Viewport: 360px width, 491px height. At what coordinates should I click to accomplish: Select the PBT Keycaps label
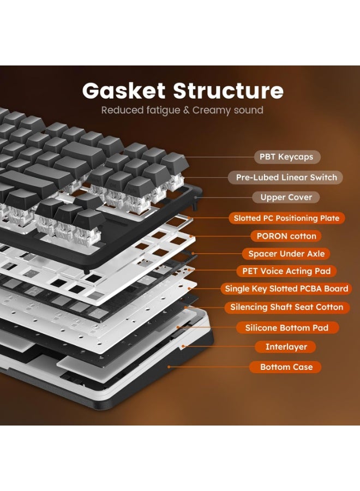point(286,157)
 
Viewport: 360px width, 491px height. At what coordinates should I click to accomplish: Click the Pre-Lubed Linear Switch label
point(286,177)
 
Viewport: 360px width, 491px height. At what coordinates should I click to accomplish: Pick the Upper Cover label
point(286,197)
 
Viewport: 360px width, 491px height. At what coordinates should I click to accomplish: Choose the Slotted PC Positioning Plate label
point(286,218)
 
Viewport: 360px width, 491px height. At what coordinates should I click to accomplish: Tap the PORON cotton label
point(286,236)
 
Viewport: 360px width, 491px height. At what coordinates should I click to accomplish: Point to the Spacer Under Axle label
point(286,254)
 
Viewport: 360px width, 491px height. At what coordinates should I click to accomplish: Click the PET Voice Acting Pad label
point(286,271)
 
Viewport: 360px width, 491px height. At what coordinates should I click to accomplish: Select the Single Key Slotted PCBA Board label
point(286,289)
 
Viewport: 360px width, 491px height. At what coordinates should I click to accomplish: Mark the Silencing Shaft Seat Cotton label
point(286,307)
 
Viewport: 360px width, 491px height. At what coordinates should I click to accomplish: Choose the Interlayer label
point(286,347)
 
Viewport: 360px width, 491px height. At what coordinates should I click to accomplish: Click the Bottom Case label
point(286,367)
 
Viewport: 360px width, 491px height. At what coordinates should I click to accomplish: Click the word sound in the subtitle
point(250,110)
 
